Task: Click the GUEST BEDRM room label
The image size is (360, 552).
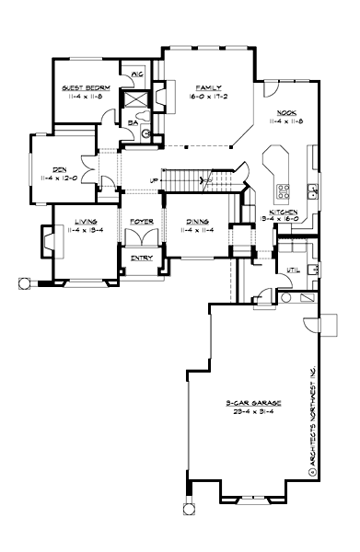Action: [x=86, y=87]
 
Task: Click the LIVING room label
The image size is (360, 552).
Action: [x=87, y=222]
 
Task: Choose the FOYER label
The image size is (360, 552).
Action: [x=141, y=222]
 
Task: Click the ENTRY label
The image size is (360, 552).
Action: [x=141, y=258]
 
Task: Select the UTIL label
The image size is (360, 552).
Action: [x=294, y=270]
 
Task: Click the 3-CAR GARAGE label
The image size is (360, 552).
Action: [x=247, y=403]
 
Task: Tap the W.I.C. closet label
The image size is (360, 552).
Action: [x=136, y=74]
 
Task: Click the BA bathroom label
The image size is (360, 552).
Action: [x=134, y=120]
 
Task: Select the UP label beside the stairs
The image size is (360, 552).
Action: [x=153, y=180]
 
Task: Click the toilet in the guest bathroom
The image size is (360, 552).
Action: [x=145, y=132]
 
